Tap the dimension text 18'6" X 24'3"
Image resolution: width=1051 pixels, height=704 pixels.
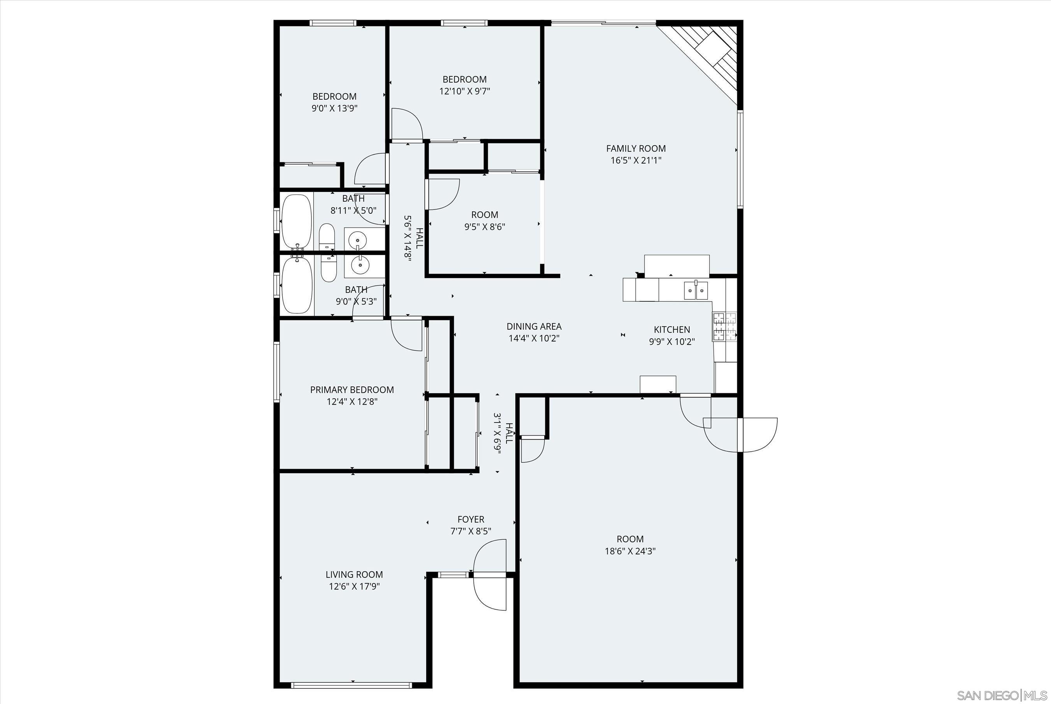point(630,551)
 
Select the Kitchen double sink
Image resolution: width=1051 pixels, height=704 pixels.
point(696,290)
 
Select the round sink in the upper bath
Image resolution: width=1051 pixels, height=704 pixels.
point(358,238)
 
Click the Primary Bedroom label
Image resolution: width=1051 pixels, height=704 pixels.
point(352,390)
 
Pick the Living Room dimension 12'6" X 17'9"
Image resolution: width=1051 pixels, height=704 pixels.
point(354,586)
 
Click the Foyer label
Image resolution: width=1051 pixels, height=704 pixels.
point(470,519)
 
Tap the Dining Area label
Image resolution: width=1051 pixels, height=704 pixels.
point(534,326)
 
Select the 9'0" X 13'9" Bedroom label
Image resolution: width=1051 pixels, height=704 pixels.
point(334,97)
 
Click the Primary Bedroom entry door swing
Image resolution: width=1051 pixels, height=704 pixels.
point(406,334)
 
